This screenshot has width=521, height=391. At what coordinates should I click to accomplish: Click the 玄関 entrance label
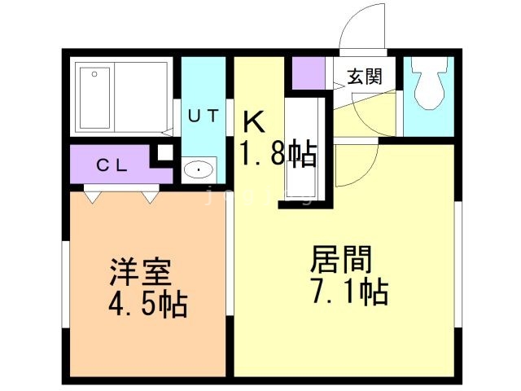point(364,77)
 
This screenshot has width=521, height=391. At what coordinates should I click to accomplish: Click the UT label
point(203,115)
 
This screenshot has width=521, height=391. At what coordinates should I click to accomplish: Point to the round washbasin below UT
point(198,169)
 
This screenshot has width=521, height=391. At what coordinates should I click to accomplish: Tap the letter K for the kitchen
point(254,123)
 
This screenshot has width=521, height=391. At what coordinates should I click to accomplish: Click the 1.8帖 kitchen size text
point(277,153)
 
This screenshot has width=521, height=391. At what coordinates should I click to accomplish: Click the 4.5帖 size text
point(147,305)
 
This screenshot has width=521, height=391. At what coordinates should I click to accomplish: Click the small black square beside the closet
point(164,152)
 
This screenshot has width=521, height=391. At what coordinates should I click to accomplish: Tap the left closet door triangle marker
point(92,195)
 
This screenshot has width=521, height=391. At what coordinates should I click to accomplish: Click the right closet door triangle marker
point(150,195)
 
